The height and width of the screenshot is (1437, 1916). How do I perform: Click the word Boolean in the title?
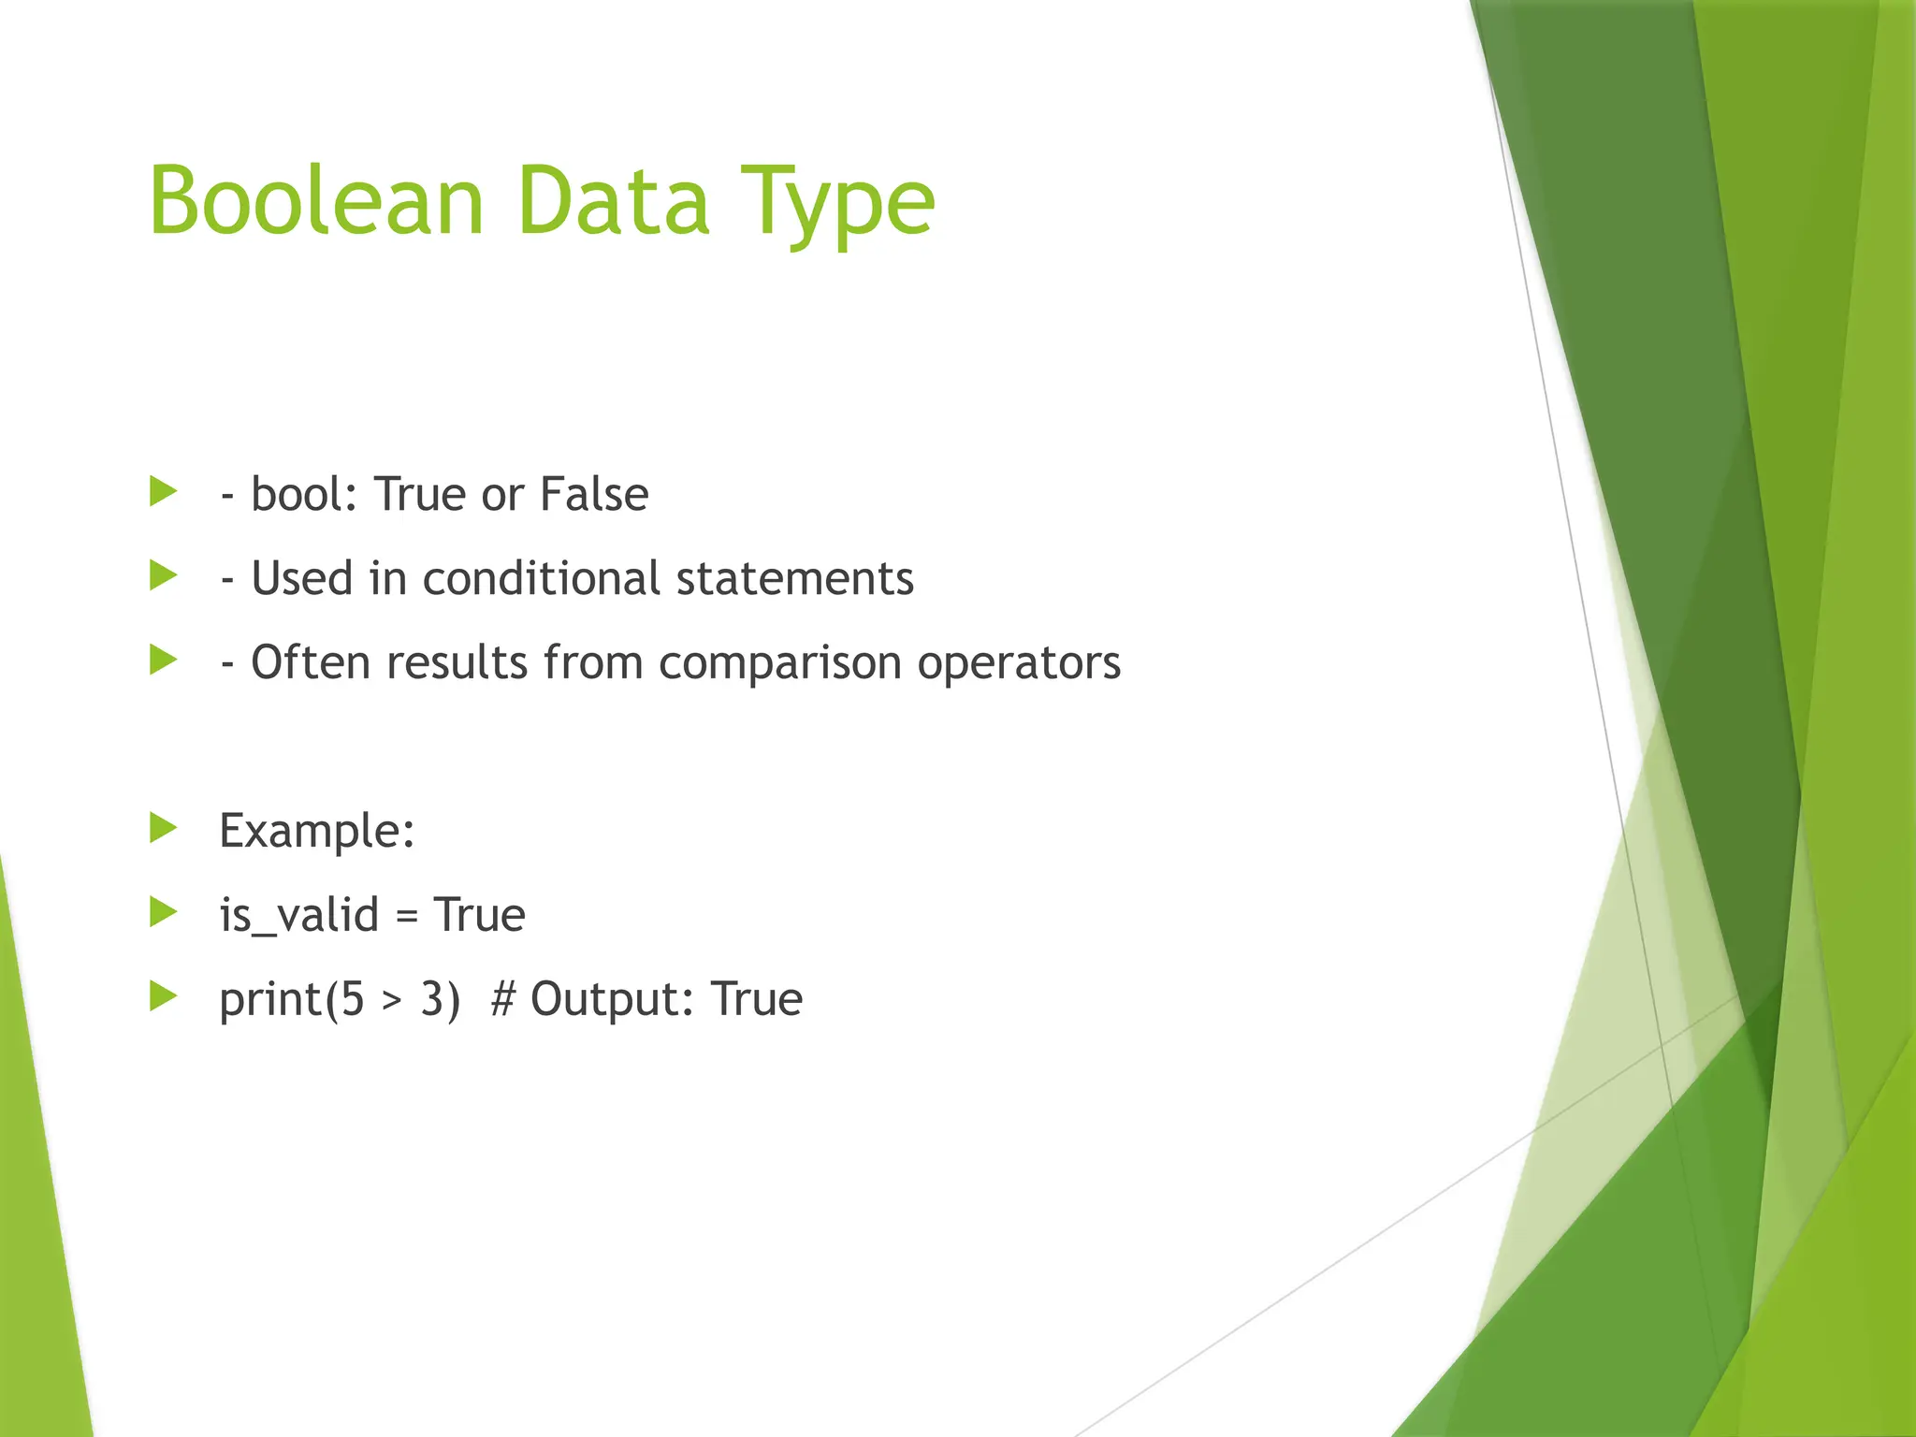(x=316, y=200)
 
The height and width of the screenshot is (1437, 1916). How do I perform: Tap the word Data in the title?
(x=613, y=200)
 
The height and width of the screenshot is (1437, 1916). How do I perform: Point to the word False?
(x=594, y=494)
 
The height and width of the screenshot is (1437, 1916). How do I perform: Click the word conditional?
(x=542, y=578)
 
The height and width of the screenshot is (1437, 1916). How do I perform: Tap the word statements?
(x=794, y=578)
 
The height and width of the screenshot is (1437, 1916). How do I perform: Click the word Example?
(x=317, y=831)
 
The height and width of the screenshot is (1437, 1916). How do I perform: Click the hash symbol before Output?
(x=502, y=999)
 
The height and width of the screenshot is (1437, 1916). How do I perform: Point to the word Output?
(x=613, y=999)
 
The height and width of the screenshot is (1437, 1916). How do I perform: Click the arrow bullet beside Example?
(x=164, y=828)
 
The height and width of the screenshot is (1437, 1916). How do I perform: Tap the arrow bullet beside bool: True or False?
(x=164, y=491)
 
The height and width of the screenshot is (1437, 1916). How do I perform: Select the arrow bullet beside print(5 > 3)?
(x=164, y=996)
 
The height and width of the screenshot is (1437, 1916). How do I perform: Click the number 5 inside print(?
(x=352, y=999)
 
